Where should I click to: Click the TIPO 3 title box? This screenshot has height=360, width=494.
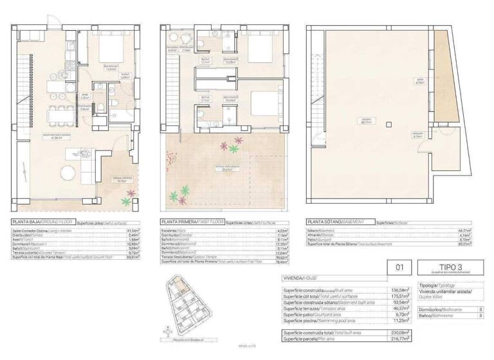[x=444, y=267]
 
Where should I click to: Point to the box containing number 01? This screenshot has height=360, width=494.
[x=398, y=267]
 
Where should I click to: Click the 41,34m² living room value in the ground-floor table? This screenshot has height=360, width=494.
[x=138, y=230]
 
